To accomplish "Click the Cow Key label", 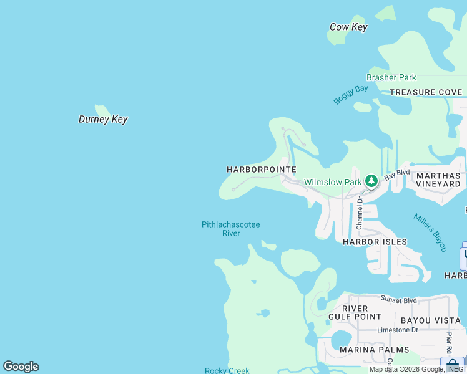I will [x=348, y=27].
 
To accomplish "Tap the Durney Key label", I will [x=103, y=119].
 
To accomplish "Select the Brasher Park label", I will [x=391, y=78].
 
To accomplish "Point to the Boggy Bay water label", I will [x=350, y=94].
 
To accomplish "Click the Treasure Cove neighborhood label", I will [x=426, y=92].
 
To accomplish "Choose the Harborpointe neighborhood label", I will [x=261, y=170].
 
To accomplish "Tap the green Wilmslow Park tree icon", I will [x=371, y=181].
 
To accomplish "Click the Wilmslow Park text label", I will [x=333, y=182].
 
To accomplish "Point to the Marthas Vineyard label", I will [x=438, y=180].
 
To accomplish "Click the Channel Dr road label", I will [x=360, y=213].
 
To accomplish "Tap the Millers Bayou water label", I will [x=430, y=233].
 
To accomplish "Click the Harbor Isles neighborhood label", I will [x=375, y=241].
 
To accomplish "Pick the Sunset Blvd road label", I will [x=400, y=300].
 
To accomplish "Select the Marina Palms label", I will [x=375, y=349].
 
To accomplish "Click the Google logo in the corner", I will [x=21, y=367].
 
